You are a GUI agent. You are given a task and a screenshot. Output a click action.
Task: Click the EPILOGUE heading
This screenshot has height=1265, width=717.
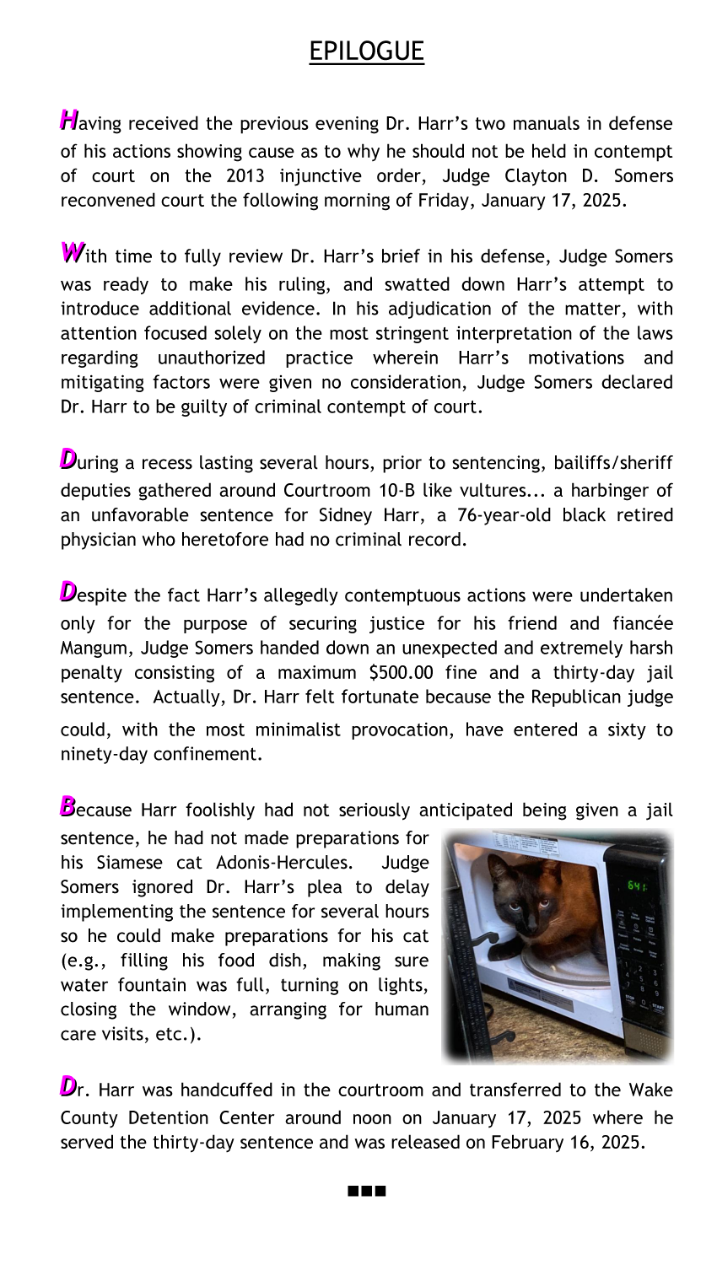pyautogui.click(x=366, y=51)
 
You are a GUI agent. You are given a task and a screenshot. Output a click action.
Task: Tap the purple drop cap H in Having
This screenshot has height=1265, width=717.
pyautogui.click(x=68, y=119)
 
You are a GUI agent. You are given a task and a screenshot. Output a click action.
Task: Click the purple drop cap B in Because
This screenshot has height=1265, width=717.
pyautogui.click(x=67, y=806)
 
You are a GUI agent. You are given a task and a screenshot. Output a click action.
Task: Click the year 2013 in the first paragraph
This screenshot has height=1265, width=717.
pyautogui.click(x=247, y=176)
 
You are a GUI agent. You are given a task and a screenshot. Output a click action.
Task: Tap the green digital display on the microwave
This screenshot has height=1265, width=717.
pyautogui.click(x=636, y=886)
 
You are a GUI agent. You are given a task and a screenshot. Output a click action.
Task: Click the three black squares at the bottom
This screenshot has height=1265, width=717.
pyautogui.click(x=366, y=1192)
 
